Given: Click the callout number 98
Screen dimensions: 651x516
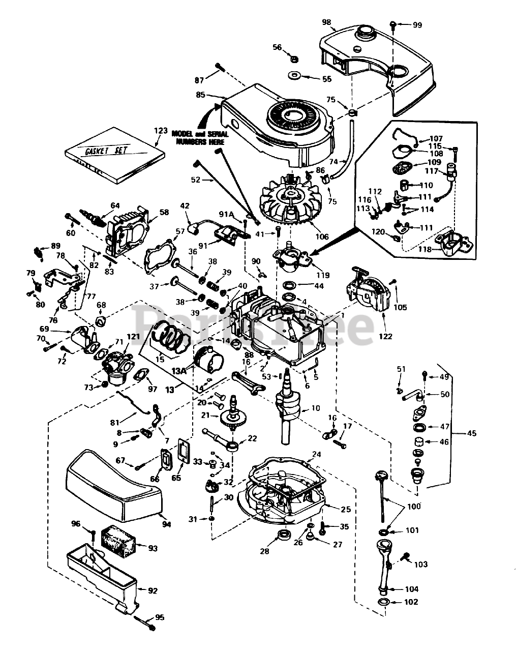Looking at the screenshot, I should [x=326, y=22].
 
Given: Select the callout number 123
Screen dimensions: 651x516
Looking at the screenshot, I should [x=160, y=131].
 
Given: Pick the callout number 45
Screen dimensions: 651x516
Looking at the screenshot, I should [x=472, y=433].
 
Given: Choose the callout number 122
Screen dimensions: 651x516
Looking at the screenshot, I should [x=385, y=337].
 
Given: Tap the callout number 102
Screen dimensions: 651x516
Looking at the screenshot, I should [x=411, y=602].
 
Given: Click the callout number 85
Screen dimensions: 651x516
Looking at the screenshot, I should [x=200, y=94].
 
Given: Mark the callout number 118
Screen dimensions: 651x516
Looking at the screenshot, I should [x=425, y=249].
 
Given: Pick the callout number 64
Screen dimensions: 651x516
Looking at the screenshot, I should [x=115, y=205].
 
